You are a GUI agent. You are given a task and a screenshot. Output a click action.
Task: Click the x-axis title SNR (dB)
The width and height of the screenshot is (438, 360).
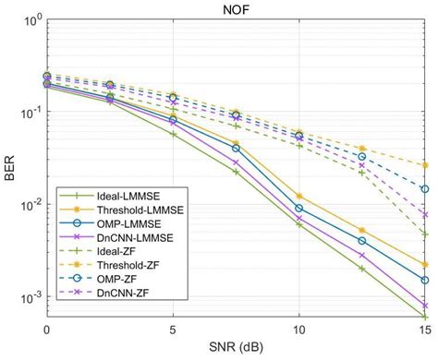click(x=236, y=349)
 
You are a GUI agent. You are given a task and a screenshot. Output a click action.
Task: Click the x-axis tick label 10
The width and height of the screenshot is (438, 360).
click(x=298, y=330)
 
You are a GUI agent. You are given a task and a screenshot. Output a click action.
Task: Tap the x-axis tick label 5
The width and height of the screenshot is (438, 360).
click(x=173, y=330)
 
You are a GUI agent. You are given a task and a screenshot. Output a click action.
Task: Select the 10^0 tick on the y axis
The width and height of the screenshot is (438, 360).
click(x=30, y=18)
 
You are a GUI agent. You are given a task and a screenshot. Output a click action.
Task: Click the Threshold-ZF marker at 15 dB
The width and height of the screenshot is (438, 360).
click(x=425, y=165)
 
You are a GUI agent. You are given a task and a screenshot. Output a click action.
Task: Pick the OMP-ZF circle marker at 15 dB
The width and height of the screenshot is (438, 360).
click(x=425, y=189)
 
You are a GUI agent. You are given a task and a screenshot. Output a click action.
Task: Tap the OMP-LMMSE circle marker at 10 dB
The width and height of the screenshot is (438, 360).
click(x=298, y=209)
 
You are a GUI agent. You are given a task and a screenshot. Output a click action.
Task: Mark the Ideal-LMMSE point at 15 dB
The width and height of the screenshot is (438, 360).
click(x=425, y=317)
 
